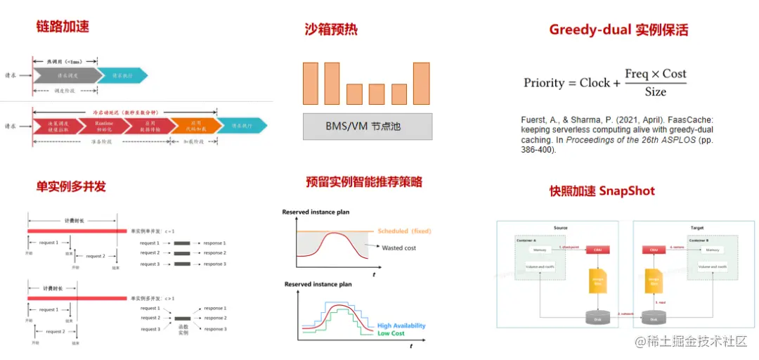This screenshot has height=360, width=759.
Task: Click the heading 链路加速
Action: pyautogui.click(x=63, y=27)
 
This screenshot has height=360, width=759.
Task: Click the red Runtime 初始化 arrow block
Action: pyautogui.click(x=105, y=126)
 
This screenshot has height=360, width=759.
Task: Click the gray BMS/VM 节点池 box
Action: pyautogui.click(x=358, y=127)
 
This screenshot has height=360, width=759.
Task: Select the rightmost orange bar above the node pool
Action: pyautogui.click(x=421, y=83)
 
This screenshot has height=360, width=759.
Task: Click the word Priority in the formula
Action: pyautogui.click(x=544, y=83)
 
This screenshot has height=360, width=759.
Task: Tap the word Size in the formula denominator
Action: pyautogui.click(x=655, y=92)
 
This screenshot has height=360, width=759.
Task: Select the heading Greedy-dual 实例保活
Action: pyautogui.click(x=618, y=30)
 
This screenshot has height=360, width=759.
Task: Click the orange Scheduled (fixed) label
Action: pyautogui.click(x=404, y=231)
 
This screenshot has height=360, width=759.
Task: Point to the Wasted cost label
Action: pyautogui.click(x=398, y=247)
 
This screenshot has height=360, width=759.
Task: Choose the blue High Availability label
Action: pyautogui.click(x=401, y=326)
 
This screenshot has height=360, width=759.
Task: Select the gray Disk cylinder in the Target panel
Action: pyautogui.click(x=656, y=319)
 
